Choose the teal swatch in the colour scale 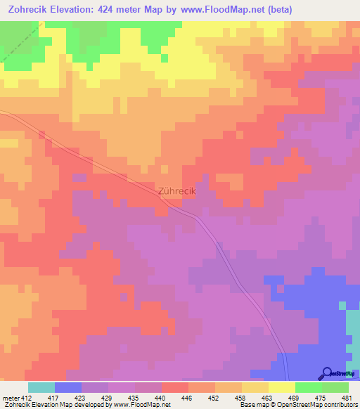tap(41, 387)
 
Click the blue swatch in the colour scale tap(68, 387)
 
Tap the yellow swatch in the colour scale tap(282, 387)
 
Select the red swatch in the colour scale tap(175, 387)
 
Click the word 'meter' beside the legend tap(11, 397)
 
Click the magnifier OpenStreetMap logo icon tap(327, 373)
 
